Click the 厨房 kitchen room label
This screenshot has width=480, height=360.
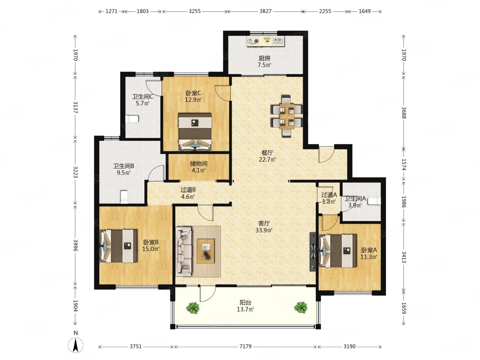click(x=264, y=58)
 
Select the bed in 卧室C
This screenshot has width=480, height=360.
click(x=195, y=131)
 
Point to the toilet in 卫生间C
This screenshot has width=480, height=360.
click(x=132, y=119)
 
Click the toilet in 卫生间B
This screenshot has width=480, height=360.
click(x=124, y=197)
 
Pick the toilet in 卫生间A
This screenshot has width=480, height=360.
click(x=374, y=201)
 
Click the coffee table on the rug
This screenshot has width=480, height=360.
click(x=206, y=251)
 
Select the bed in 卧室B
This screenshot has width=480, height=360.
click(x=118, y=246)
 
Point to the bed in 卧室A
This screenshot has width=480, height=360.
click(x=338, y=251)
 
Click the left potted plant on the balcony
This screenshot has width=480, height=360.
click(x=193, y=307)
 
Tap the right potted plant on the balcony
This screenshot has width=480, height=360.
click(x=301, y=307)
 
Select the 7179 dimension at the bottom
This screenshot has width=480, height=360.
click(x=245, y=346)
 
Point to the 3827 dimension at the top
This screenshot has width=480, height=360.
click(x=265, y=11)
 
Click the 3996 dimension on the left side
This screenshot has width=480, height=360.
click(x=75, y=245)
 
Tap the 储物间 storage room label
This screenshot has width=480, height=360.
click(x=198, y=164)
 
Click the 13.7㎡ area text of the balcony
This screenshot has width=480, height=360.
click(x=245, y=309)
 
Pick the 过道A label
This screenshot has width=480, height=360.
click(x=329, y=195)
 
